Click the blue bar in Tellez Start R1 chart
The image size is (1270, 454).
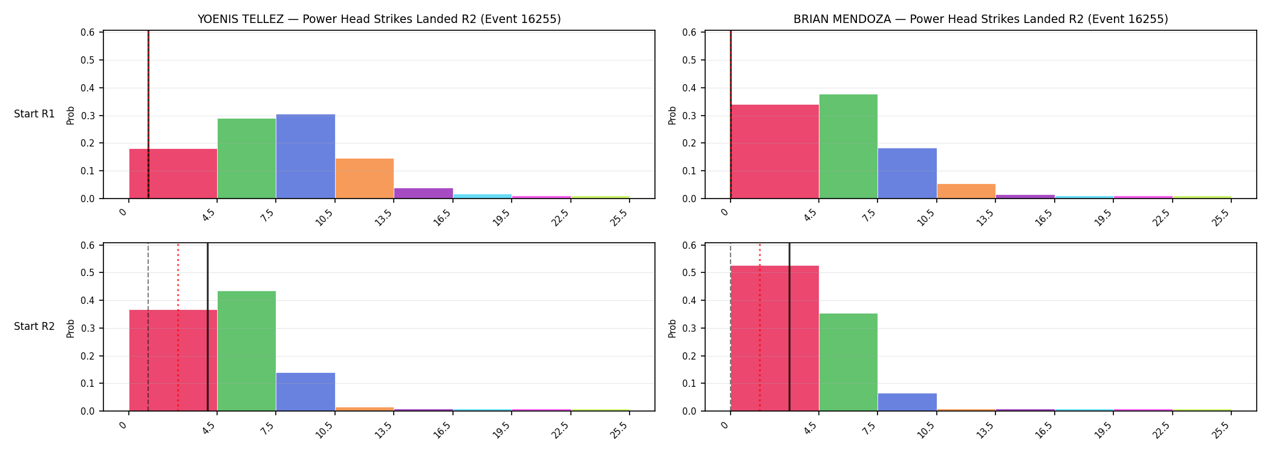(x=305, y=156)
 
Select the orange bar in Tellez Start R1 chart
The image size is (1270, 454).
(x=365, y=179)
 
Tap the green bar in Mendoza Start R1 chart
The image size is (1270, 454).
(x=848, y=146)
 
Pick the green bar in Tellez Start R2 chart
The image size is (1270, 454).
(x=247, y=351)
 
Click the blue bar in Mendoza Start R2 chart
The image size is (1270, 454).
(x=907, y=402)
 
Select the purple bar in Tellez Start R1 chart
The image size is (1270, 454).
(x=423, y=193)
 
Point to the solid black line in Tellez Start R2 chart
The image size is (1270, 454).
(x=207, y=327)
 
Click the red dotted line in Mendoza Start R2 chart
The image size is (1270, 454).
(x=760, y=327)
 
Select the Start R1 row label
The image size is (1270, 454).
(x=34, y=114)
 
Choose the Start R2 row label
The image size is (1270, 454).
(x=34, y=326)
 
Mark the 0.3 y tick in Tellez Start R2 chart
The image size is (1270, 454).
(x=88, y=328)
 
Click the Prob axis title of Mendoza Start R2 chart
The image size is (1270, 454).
(x=672, y=328)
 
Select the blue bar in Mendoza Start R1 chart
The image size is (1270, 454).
(x=907, y=173)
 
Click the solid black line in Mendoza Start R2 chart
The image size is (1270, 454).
(x=789, y=327)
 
